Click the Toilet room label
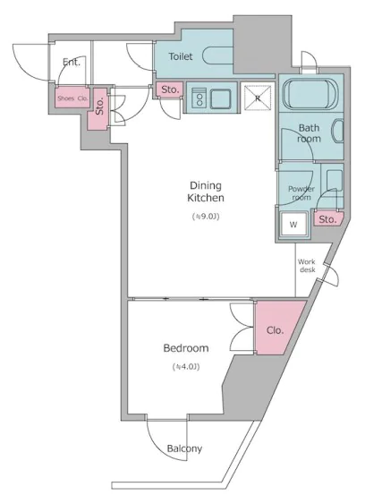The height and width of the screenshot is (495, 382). click(x=181, y=56)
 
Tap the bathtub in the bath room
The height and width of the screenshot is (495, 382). click(x=308, y=93)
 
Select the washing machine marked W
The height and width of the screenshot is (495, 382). click(x=293, y=225)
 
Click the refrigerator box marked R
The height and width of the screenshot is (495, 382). click(x=258, y=98)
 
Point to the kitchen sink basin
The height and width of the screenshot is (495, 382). click(x=220, y=98)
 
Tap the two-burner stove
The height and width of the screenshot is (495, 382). click(x=199, y=98)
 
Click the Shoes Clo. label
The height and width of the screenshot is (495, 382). click(x=72, y=98)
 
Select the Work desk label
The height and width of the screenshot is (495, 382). click(x=307, y=266)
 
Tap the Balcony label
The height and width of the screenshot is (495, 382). click(x=184, y=448)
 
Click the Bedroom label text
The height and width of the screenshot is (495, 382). click(x=186, y=348)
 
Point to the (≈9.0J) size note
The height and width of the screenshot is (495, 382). click(x=206, y=217)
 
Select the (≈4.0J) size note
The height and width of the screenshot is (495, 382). click(x=186, y=367)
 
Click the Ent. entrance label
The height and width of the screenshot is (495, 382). click(x=72, y=62)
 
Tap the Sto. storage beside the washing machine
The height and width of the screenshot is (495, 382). click(x=327, y=219)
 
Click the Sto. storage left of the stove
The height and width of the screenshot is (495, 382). click(x=170, y=90)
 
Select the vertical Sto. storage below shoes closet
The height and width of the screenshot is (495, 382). click(x=99, y=107)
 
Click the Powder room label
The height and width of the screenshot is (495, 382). click(x=301, y=192)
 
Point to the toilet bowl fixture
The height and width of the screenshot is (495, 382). click(x=218, y=55)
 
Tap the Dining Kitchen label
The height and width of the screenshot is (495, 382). click(x=206, y=192)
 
